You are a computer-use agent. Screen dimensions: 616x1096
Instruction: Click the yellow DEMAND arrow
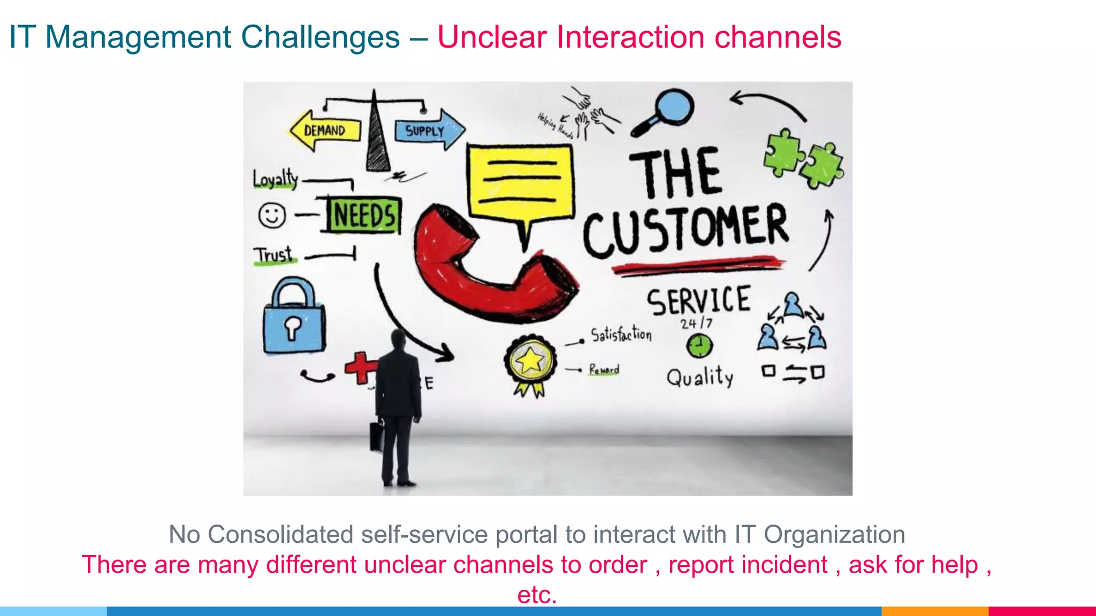pyautogui.click(x=325, y=130)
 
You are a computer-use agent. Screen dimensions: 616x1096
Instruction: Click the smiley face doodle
pyautogui.click(x=272, y=215)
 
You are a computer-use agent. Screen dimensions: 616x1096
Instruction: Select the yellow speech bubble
pyautogui.click(x=521, y=182)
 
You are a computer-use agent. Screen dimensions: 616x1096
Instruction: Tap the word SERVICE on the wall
pyautogui.click(x=698, y=301)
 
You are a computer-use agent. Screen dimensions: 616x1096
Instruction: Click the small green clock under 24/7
pyautogui.click(x=699, y=346)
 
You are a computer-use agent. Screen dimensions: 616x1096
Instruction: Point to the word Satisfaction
pyautogui.click(x=621, y=335)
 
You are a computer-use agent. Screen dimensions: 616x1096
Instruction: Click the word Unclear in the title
pyautogui.click(x=493, y=37)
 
